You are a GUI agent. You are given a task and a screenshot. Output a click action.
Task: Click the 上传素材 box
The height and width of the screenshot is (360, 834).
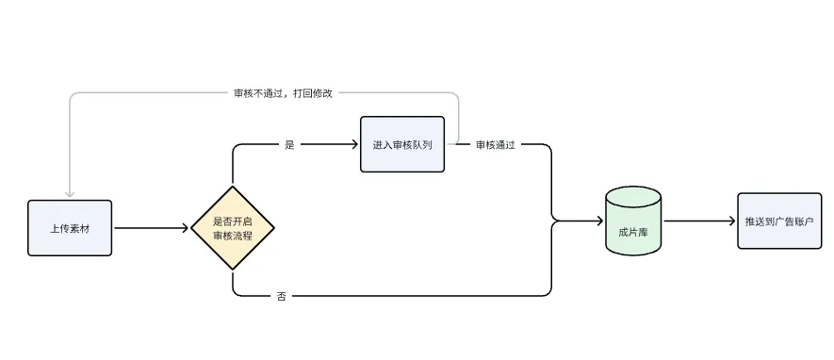(x=71, y=228)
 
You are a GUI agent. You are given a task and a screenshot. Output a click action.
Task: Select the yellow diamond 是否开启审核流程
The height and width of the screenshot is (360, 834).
(x=233, y=228)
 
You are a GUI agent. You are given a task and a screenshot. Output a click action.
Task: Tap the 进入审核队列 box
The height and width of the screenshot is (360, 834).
(x=401, y=144)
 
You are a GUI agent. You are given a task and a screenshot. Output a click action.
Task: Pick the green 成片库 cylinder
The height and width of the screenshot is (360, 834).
(x=632, y=222)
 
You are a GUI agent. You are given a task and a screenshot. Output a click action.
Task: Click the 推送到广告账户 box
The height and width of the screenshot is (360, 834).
(x=778, y=221)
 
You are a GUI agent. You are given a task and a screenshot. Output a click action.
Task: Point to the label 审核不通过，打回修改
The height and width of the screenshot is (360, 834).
(x=284, y=93)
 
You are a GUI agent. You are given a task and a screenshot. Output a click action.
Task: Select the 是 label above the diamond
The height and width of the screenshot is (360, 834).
(x=289, y=145)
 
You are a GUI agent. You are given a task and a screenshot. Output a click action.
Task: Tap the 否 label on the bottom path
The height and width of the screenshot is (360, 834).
(x=282, y=296)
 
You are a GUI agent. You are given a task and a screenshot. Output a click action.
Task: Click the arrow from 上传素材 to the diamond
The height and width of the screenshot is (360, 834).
(x=151, y=228)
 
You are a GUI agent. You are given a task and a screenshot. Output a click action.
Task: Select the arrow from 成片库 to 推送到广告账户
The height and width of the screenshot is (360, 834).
(x=697, y=221)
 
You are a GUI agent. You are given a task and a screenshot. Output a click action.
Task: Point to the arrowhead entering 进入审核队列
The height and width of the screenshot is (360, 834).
(x=354, y=145)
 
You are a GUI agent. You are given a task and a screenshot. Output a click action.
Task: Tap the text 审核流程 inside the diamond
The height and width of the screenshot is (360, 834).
(x=233, y=236)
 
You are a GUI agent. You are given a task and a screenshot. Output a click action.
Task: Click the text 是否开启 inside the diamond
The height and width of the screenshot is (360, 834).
(x=233, y=221)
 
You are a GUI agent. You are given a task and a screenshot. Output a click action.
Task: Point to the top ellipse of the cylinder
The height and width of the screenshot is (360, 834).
(x=632, y=195)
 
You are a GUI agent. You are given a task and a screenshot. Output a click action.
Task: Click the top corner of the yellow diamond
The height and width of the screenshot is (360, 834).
(x=233, y=187)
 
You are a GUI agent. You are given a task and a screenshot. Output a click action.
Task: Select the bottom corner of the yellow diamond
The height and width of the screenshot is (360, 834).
(x=233, y=270)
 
